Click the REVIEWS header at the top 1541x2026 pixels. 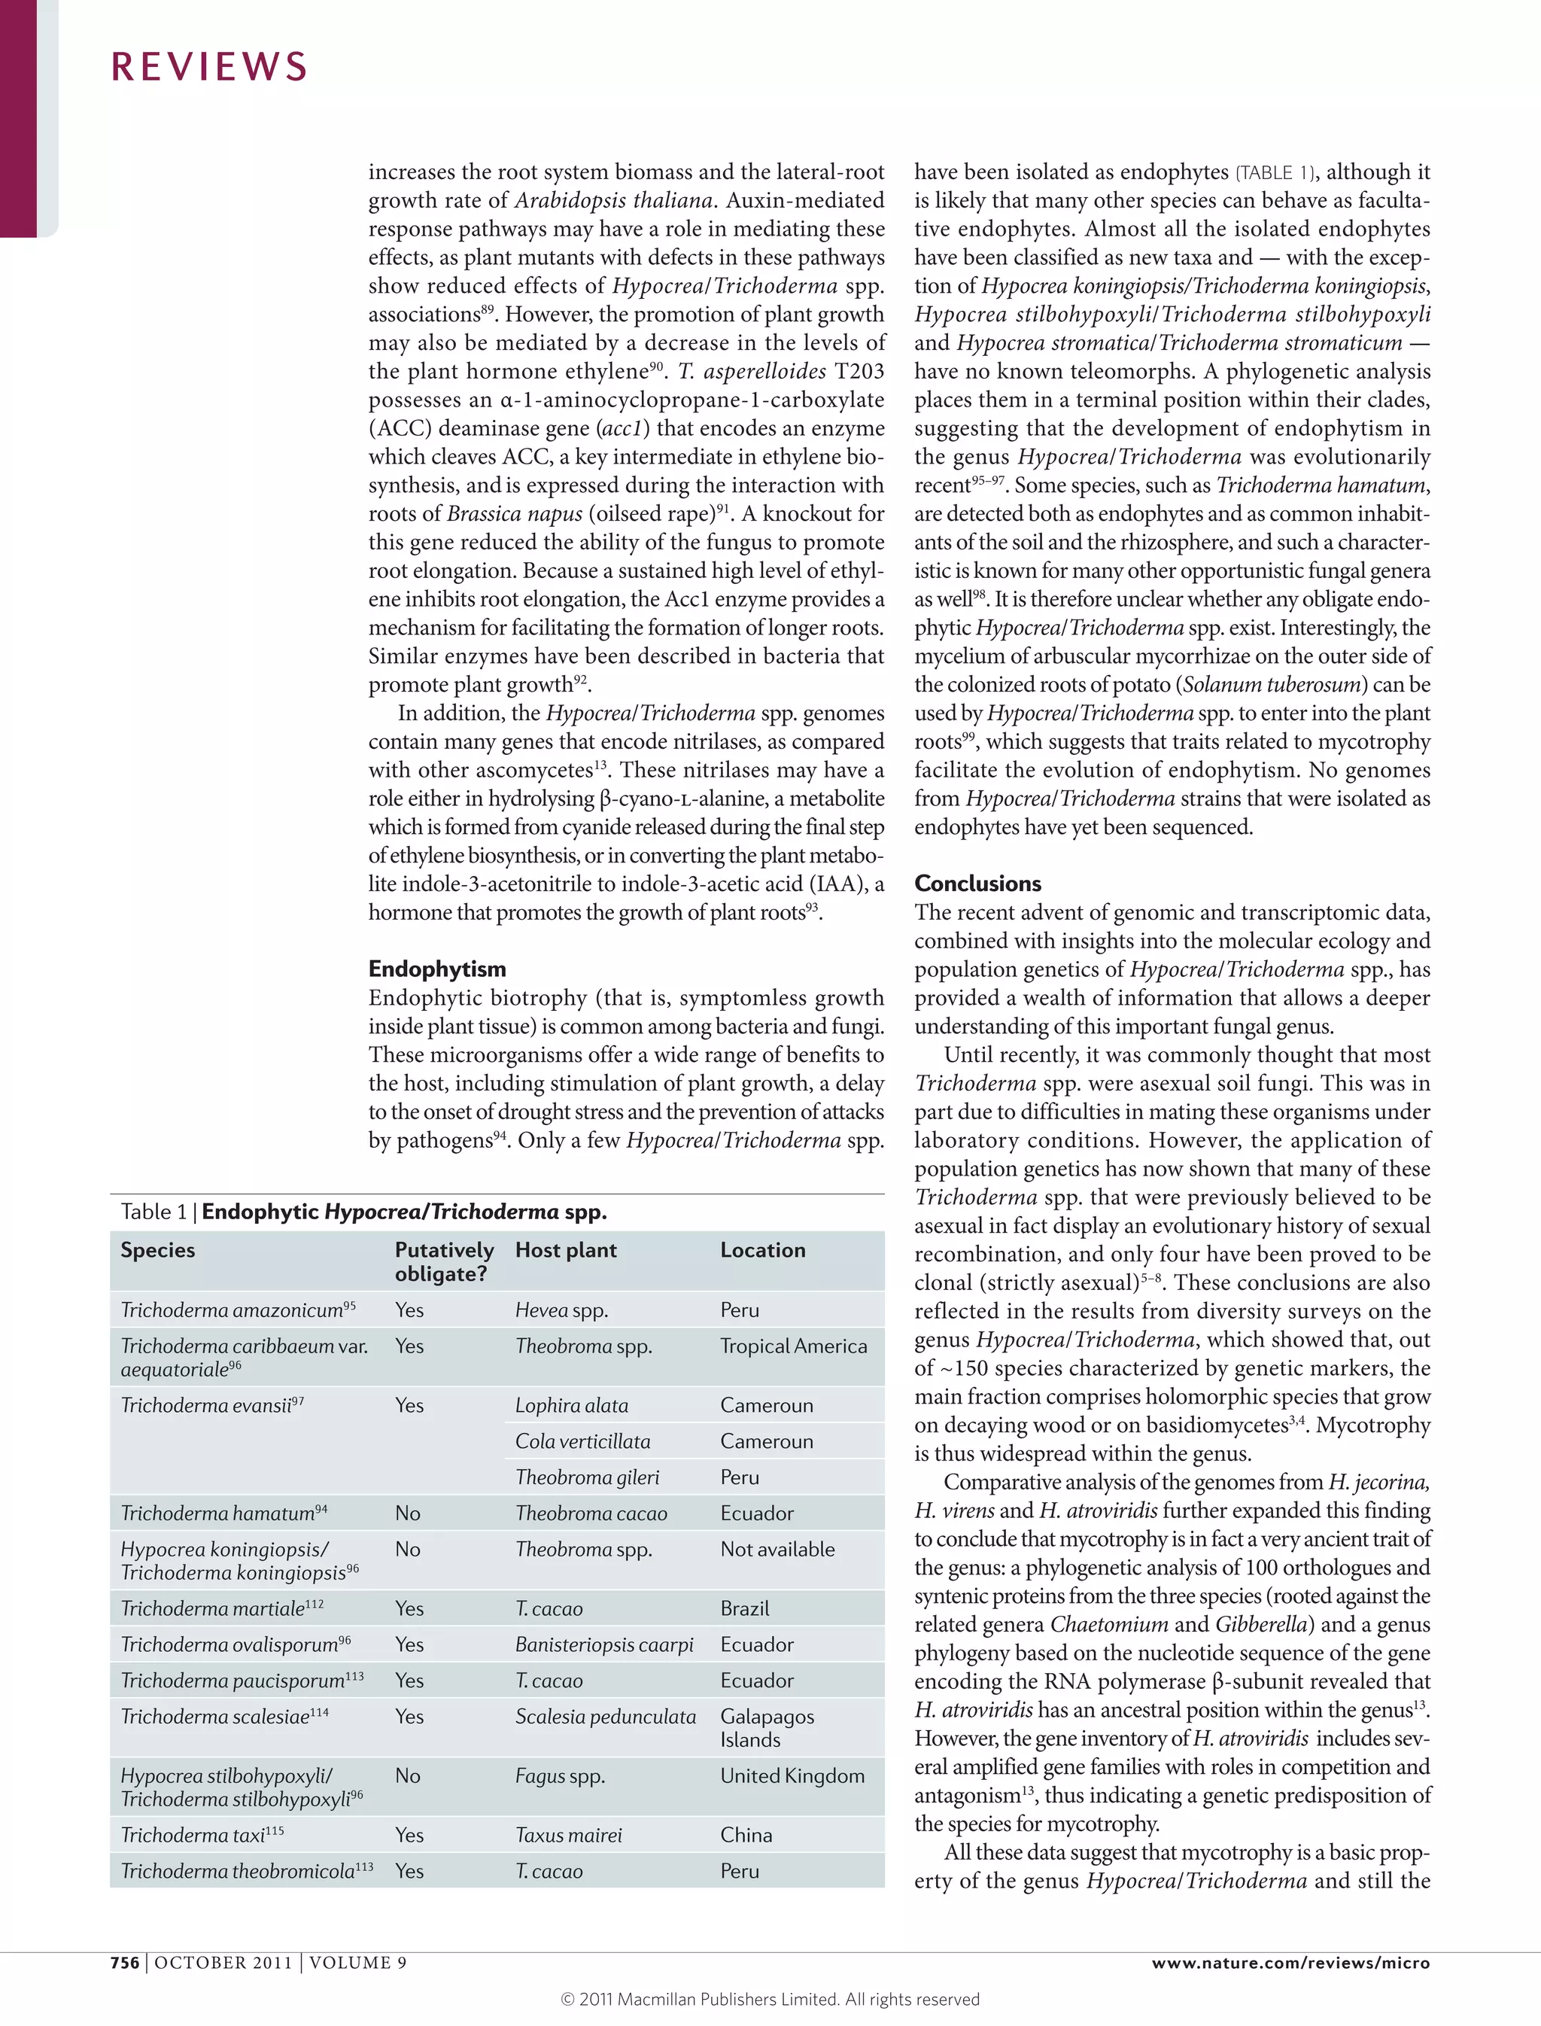[x=209, y=67]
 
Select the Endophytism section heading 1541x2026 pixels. [x=436, y=969]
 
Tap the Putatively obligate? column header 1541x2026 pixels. [x=444, y=1261]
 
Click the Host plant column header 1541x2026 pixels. [x=565, y=1250]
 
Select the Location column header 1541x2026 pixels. [x=762, y=1250]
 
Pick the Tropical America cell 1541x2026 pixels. [x=792, y=1346]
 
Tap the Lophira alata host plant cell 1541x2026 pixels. [x=571, y=1406]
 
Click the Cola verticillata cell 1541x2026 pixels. [x=582, y=1441]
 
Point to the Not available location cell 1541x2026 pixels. [x=777, y=1550]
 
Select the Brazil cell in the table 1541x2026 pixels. [x=744, y=1608]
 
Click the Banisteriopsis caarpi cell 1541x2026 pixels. [x=603, y=1644]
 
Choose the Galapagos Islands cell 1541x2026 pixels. [x=767, y=1728]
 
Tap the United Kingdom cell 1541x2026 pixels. [x=792, y=1775]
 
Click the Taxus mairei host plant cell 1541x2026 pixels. [x=568, y=1835]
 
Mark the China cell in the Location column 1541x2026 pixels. [x=746, y=1835]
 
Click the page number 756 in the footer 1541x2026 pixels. [x=125, y=1963]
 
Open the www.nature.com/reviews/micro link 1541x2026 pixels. [x=1290, y=1963]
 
